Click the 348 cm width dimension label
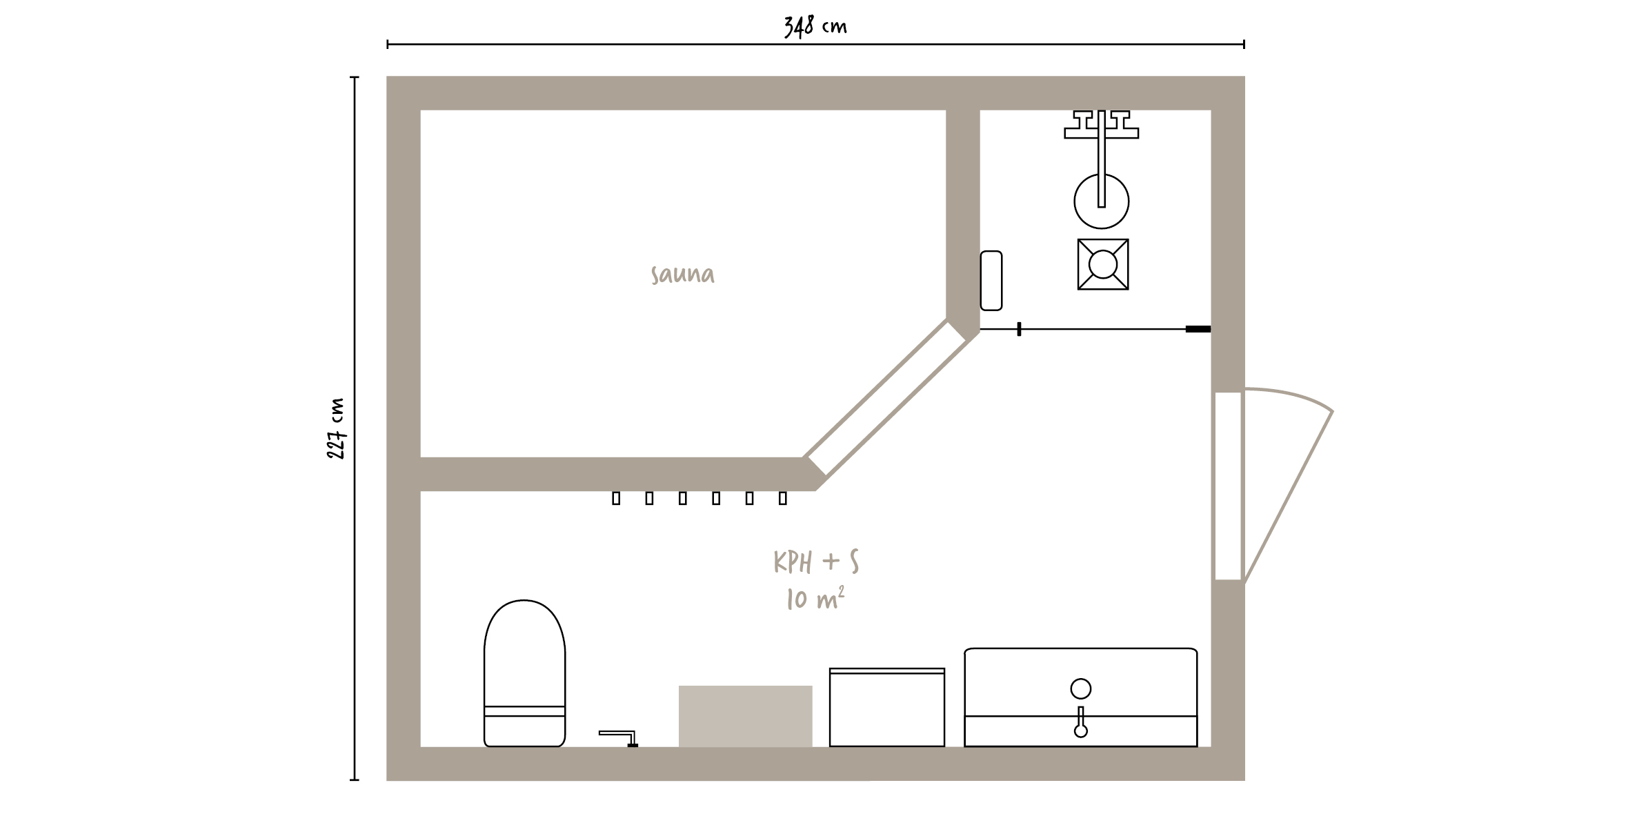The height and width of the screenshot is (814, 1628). point(815,26)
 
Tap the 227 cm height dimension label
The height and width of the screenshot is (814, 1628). point(336,428)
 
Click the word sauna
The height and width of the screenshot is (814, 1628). point(682,275)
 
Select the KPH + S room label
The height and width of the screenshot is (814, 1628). point(816,562)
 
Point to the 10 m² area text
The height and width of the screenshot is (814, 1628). point(815,599)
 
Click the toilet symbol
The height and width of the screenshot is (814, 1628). point(524,673)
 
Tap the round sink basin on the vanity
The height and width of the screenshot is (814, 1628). point(1081,688)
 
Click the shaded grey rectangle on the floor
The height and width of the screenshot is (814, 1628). point(745,716)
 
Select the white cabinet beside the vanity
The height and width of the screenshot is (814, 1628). point(887,707)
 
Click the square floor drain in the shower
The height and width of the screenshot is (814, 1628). point(1103,264)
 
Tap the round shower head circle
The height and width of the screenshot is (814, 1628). point(1102,201)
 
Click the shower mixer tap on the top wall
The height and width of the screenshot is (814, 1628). point(1102,125)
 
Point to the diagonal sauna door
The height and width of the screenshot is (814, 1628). point(887,398)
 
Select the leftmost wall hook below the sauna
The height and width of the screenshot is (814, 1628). point(616,498)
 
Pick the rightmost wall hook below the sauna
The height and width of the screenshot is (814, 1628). point(783,498)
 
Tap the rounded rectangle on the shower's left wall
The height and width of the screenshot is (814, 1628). point(991,280)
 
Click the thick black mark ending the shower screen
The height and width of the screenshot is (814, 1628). point(1198,329)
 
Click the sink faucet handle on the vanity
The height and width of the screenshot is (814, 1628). point(1081,722)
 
